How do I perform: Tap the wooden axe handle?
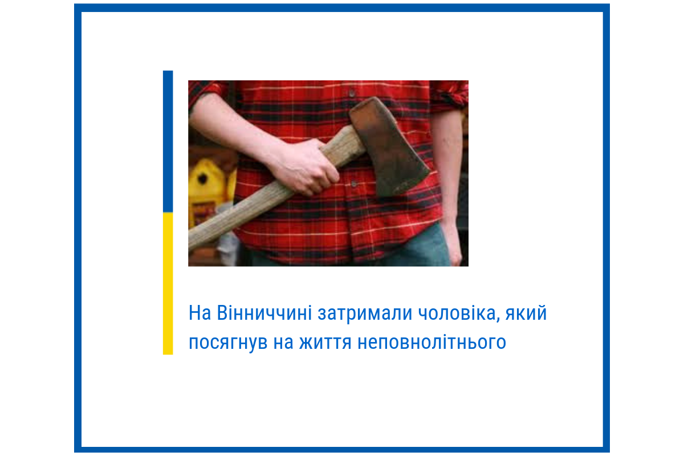coord(245,211)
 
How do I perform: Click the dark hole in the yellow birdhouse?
coord(202,179)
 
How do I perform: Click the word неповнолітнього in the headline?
coord(432,343)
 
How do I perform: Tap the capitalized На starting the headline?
coord(200,313)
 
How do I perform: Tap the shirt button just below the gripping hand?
coord(354,184)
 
